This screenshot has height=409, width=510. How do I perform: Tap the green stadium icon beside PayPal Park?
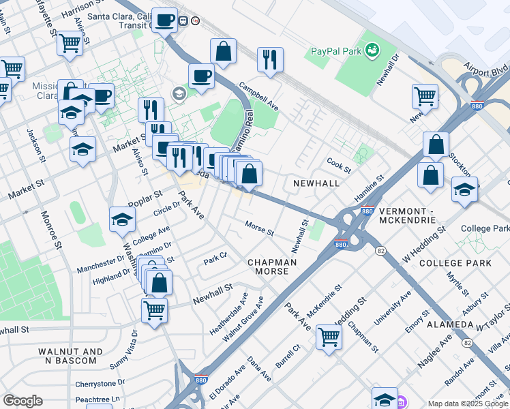tap(372, 50)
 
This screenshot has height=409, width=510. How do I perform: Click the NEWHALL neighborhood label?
tap(316, 184)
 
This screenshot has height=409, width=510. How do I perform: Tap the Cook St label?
tap(338, 165)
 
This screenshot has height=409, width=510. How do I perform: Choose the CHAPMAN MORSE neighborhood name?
tap(272, 267)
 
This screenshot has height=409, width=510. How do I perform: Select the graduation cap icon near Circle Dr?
tap(122, 219)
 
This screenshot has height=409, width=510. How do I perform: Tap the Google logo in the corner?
tap(22, 401)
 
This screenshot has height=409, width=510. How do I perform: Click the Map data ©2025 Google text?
tap(467, 404)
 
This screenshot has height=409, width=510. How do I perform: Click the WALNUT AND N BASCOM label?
tap(70, 357)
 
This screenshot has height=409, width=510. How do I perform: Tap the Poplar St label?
tap(143, 199)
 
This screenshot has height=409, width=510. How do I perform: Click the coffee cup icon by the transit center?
tap(164, 20)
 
